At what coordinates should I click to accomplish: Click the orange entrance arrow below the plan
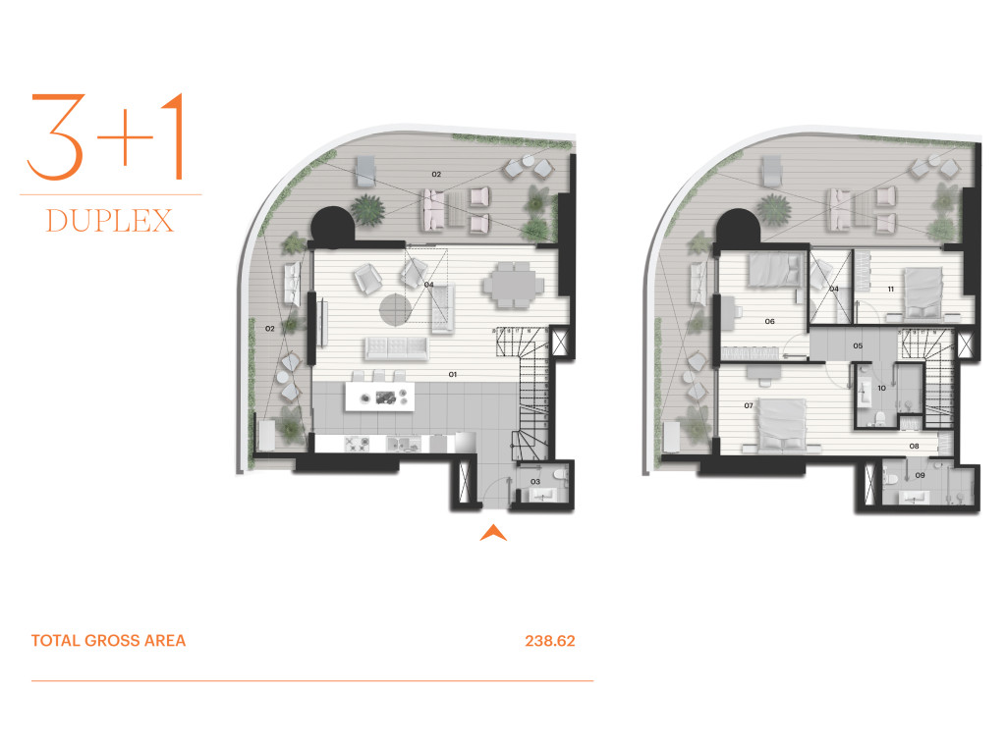point(493,533)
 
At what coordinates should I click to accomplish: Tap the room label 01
point(452,374)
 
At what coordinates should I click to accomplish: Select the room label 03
point(535,481)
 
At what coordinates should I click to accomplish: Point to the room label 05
point(858,345)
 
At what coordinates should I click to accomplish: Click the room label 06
point(770,321)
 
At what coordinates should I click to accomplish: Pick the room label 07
point(749,405)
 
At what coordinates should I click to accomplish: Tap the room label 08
point(915,446)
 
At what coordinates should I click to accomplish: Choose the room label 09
point(920,475)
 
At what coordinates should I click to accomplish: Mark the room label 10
point(881,388)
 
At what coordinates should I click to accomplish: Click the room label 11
point(890,289)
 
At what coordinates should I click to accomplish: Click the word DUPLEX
point(110,221)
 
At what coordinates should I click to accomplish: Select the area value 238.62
point(550,641)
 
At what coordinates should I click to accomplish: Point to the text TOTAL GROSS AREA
point(108,641)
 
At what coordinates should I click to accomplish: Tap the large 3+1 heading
point(106,136)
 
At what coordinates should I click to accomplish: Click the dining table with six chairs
point(513,284)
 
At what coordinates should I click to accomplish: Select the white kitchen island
point(379,397)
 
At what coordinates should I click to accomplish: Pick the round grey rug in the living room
point(395,309)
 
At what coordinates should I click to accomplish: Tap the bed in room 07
point(781,425)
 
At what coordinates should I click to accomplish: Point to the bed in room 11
point(922,293)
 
